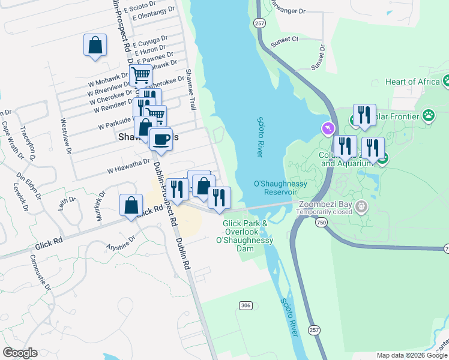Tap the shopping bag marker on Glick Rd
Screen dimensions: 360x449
tap(131, 206)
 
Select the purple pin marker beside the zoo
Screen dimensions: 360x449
tap(328, 128)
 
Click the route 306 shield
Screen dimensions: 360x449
tap(245, 305)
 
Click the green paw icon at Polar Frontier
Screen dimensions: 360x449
tap(428, 114)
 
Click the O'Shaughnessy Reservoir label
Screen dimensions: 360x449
tap(276, 188)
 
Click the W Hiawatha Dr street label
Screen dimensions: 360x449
tap(128, 166)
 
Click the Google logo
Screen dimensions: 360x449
tap(20, 353)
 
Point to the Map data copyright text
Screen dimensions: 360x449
tap(412, 355)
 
